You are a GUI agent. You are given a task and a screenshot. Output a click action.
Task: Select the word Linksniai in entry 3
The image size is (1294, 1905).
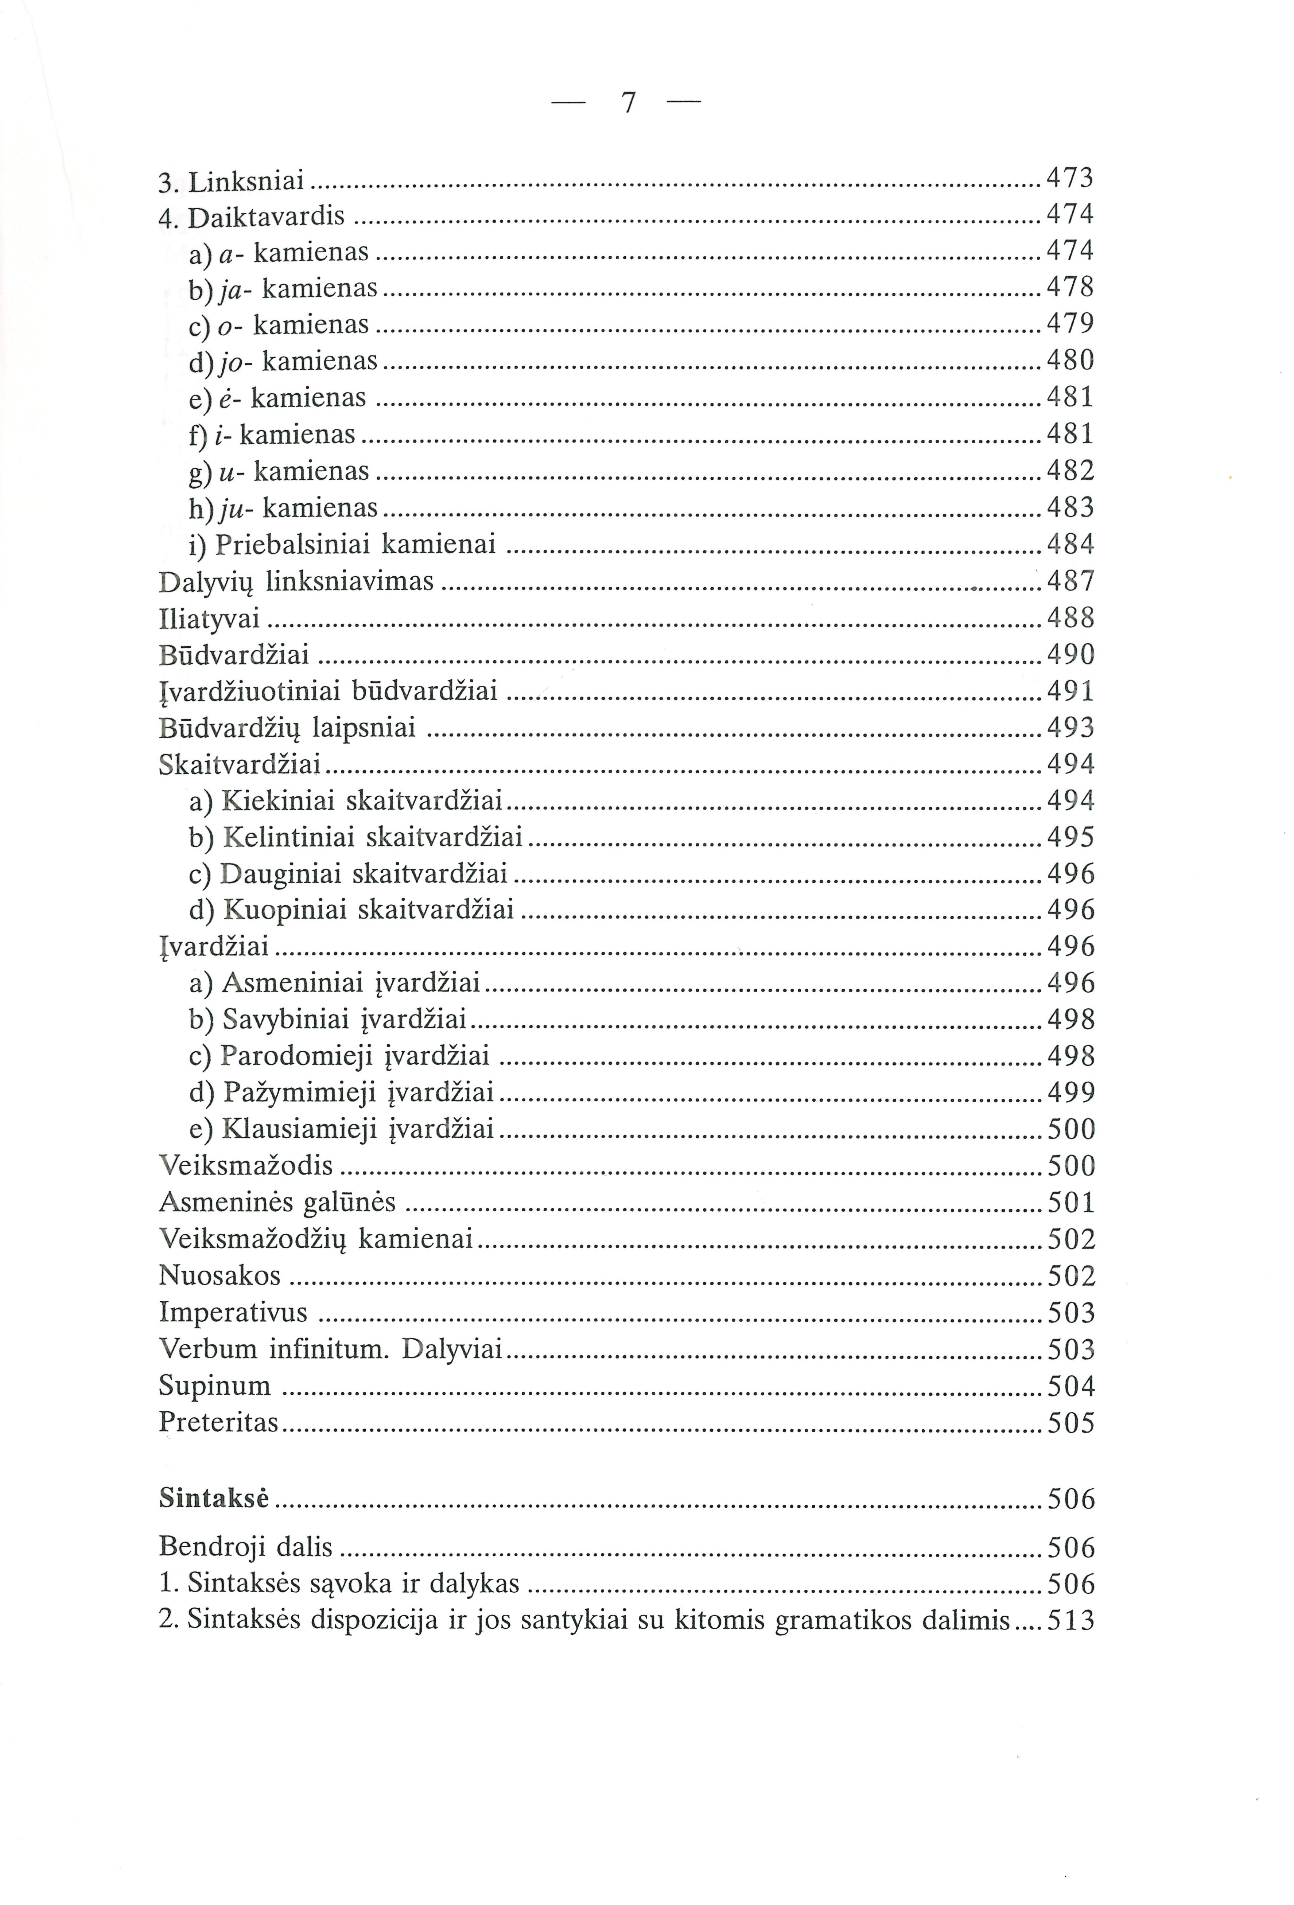(246, 179)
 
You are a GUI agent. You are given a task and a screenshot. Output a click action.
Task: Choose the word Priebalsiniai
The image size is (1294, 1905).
(294, 544)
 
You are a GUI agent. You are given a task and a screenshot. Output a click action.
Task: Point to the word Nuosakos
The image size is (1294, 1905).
(220, 1275)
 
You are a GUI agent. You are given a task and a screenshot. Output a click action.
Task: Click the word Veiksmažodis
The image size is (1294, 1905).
(246, 1166)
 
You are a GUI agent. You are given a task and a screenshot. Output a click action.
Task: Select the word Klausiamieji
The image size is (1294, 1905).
(299, 1130)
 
